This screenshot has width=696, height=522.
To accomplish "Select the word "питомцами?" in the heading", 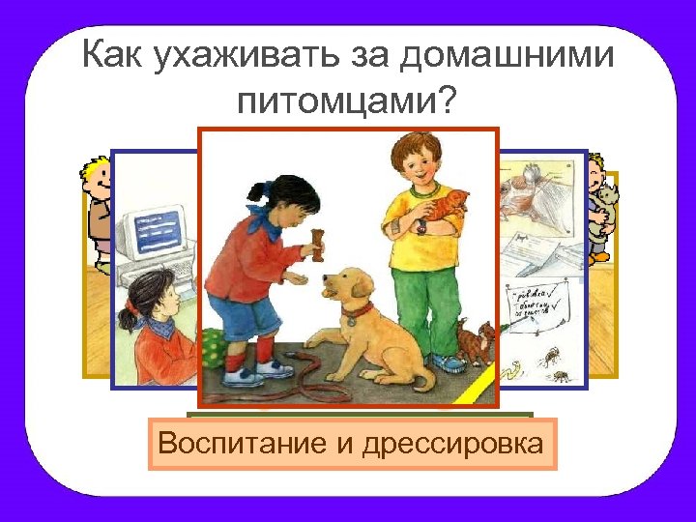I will (343, 99).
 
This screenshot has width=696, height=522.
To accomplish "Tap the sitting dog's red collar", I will (359, 310).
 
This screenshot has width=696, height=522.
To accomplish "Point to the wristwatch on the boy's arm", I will (421, 228).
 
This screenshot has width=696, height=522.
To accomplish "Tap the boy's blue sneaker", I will (448, 362).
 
